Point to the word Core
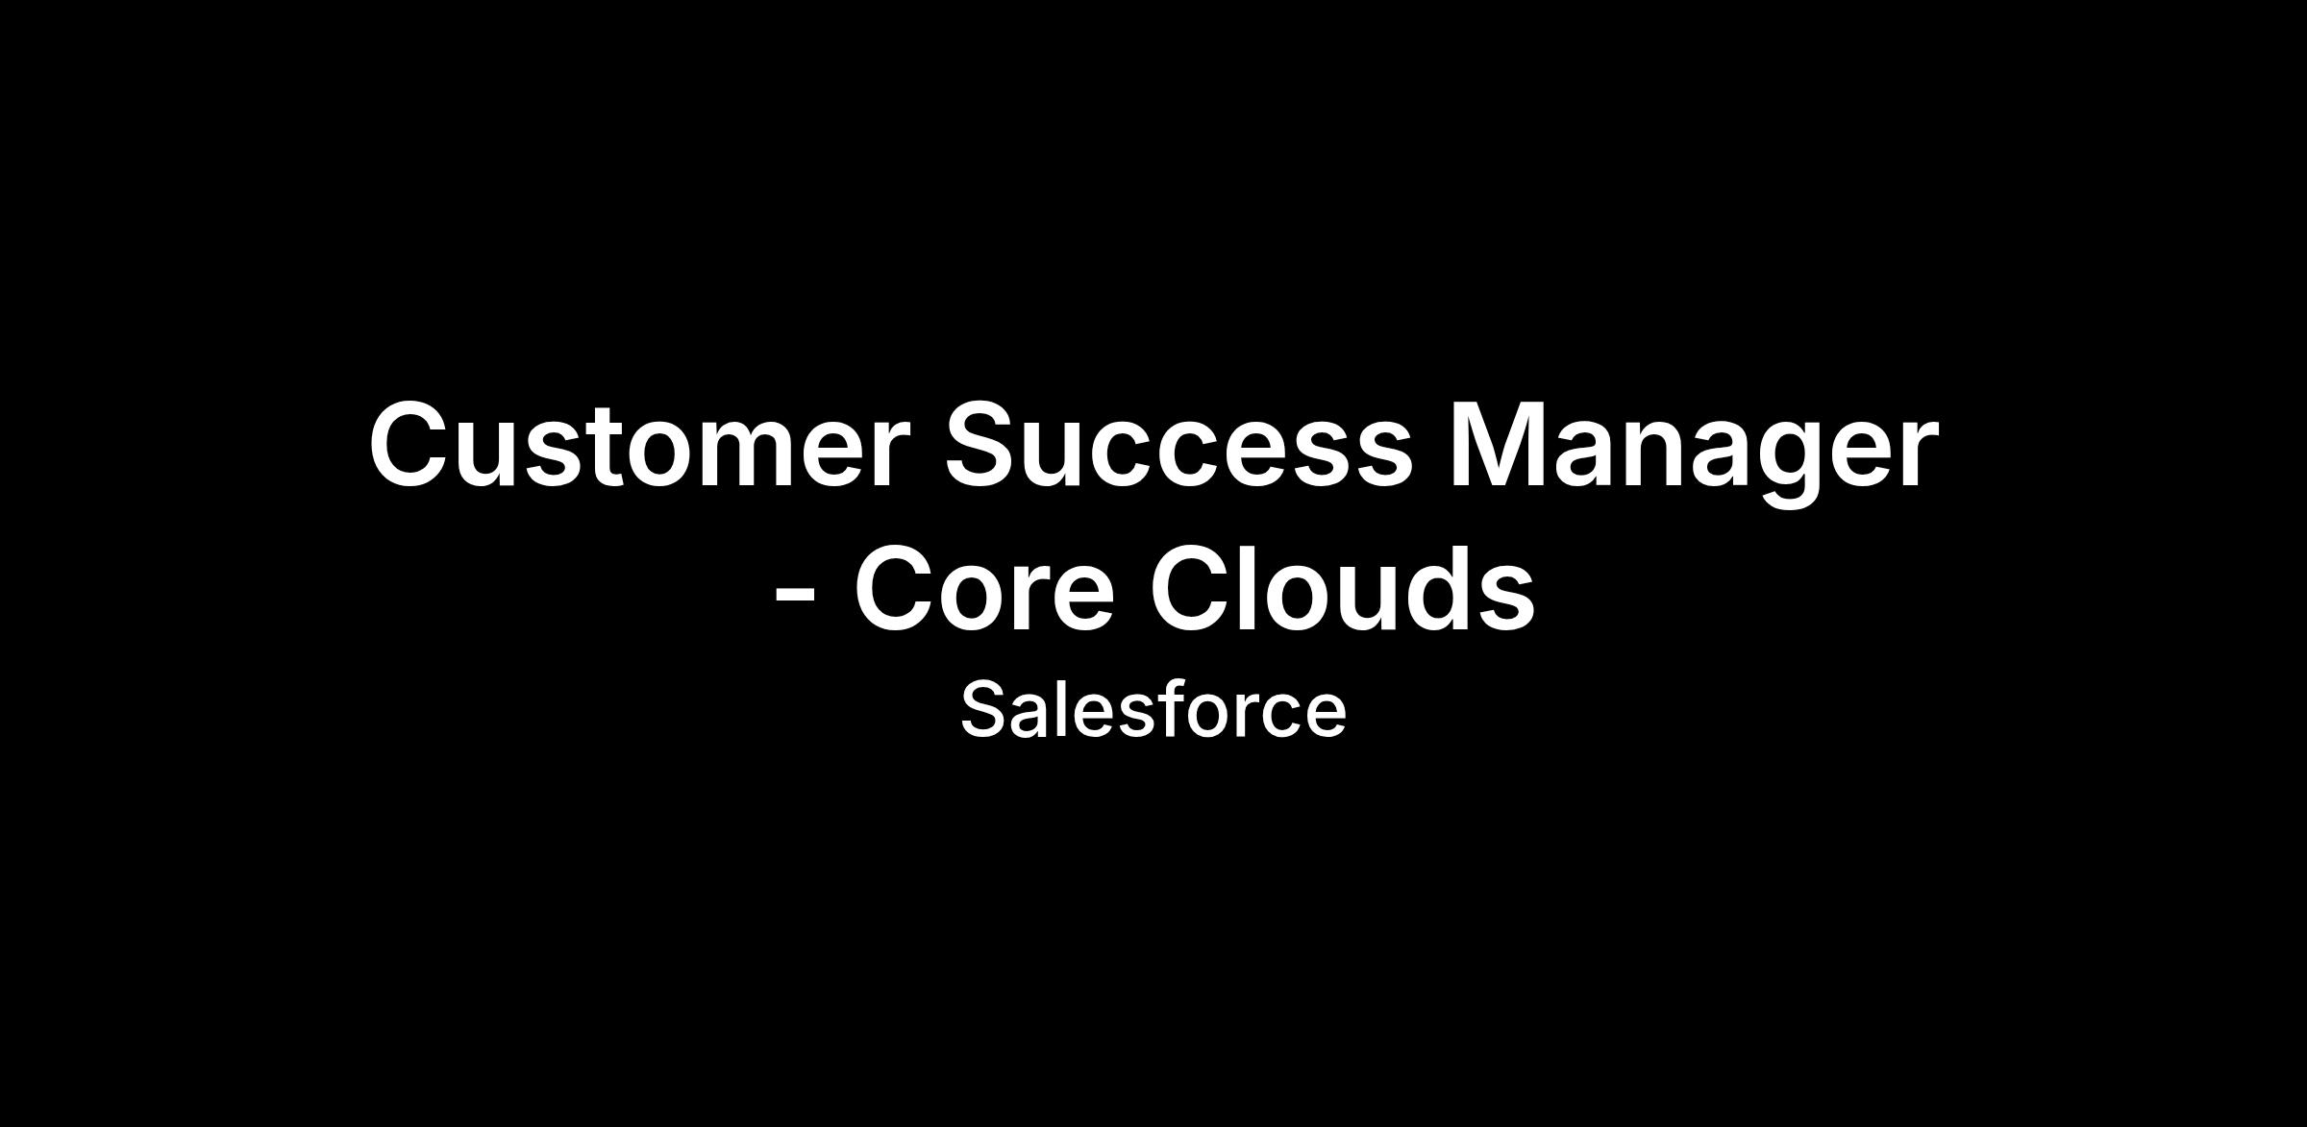[984, 587]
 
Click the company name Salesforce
[1153, 709]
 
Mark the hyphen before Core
[795, 600]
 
